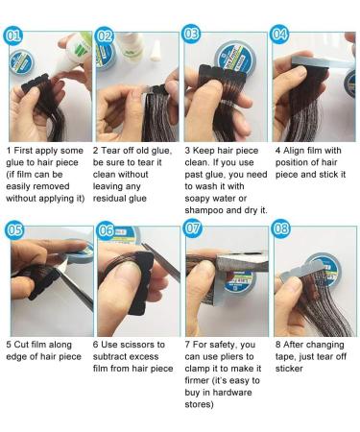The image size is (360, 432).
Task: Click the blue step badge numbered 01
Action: tap(13, 36)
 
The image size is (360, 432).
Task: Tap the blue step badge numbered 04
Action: tap(279, 35)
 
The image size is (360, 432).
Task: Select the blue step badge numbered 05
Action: tap(14, 230)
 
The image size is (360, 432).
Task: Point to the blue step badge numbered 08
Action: tap(281, 228)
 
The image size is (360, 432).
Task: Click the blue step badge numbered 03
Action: tap(191, 34)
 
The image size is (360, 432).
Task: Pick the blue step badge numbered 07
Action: tap(192, 228)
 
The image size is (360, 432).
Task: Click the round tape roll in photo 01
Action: tap(21, 63)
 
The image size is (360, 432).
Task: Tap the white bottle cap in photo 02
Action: tap(156, 50)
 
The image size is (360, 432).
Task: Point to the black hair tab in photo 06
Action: tap(141, 281)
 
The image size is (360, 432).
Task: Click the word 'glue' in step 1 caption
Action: tap(16, 163)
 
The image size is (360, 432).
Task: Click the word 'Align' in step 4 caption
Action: tap(294, 151)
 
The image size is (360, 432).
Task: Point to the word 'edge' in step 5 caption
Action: tap(16, 357)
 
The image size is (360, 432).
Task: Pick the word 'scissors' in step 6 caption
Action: tap(128, 345)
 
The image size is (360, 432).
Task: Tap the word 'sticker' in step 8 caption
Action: tap(289, 369)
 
